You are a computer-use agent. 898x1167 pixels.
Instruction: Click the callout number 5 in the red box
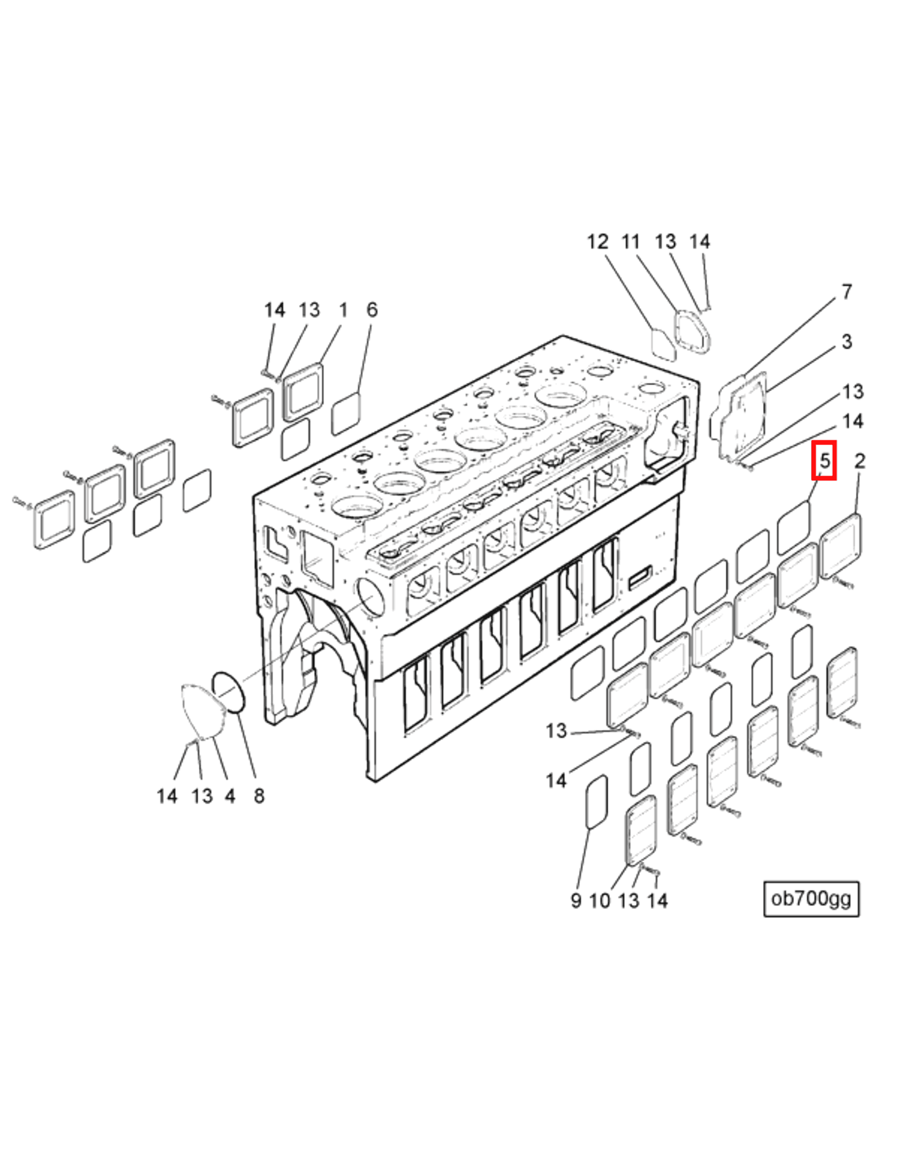pyautogui.click(x=824, y=461)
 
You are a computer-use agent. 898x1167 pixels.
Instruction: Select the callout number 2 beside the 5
pyautogui.click(x=860, y=461)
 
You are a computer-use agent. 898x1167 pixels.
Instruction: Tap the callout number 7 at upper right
pyautogui.click(x=847, y=292)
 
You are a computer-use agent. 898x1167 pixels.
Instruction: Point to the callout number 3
pyautogui.click(x=847, y=342)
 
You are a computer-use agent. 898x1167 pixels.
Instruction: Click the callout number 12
pyautogui.click(x=598, y=242)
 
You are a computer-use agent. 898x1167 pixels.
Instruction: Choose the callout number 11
pyautogui.click(x=631, y=242)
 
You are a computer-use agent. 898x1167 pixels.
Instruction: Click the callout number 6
pyautogui.click(x=372, y=310)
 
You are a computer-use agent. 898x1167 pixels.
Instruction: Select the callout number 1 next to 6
pyautogui.click(x=343, y=310)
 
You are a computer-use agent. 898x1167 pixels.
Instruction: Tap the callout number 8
pyautogui.click(x=259, y=796)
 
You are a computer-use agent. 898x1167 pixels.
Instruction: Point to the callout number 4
pyautogui.click(x=230, y=796)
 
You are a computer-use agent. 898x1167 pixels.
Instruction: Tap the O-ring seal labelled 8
pyautogui.click(x=229, y=692)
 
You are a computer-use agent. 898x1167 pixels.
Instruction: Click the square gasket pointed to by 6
pyautogui.click(x=346, y=414)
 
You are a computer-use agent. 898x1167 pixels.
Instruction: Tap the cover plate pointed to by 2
pyautogui.click(x=841, y=546)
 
